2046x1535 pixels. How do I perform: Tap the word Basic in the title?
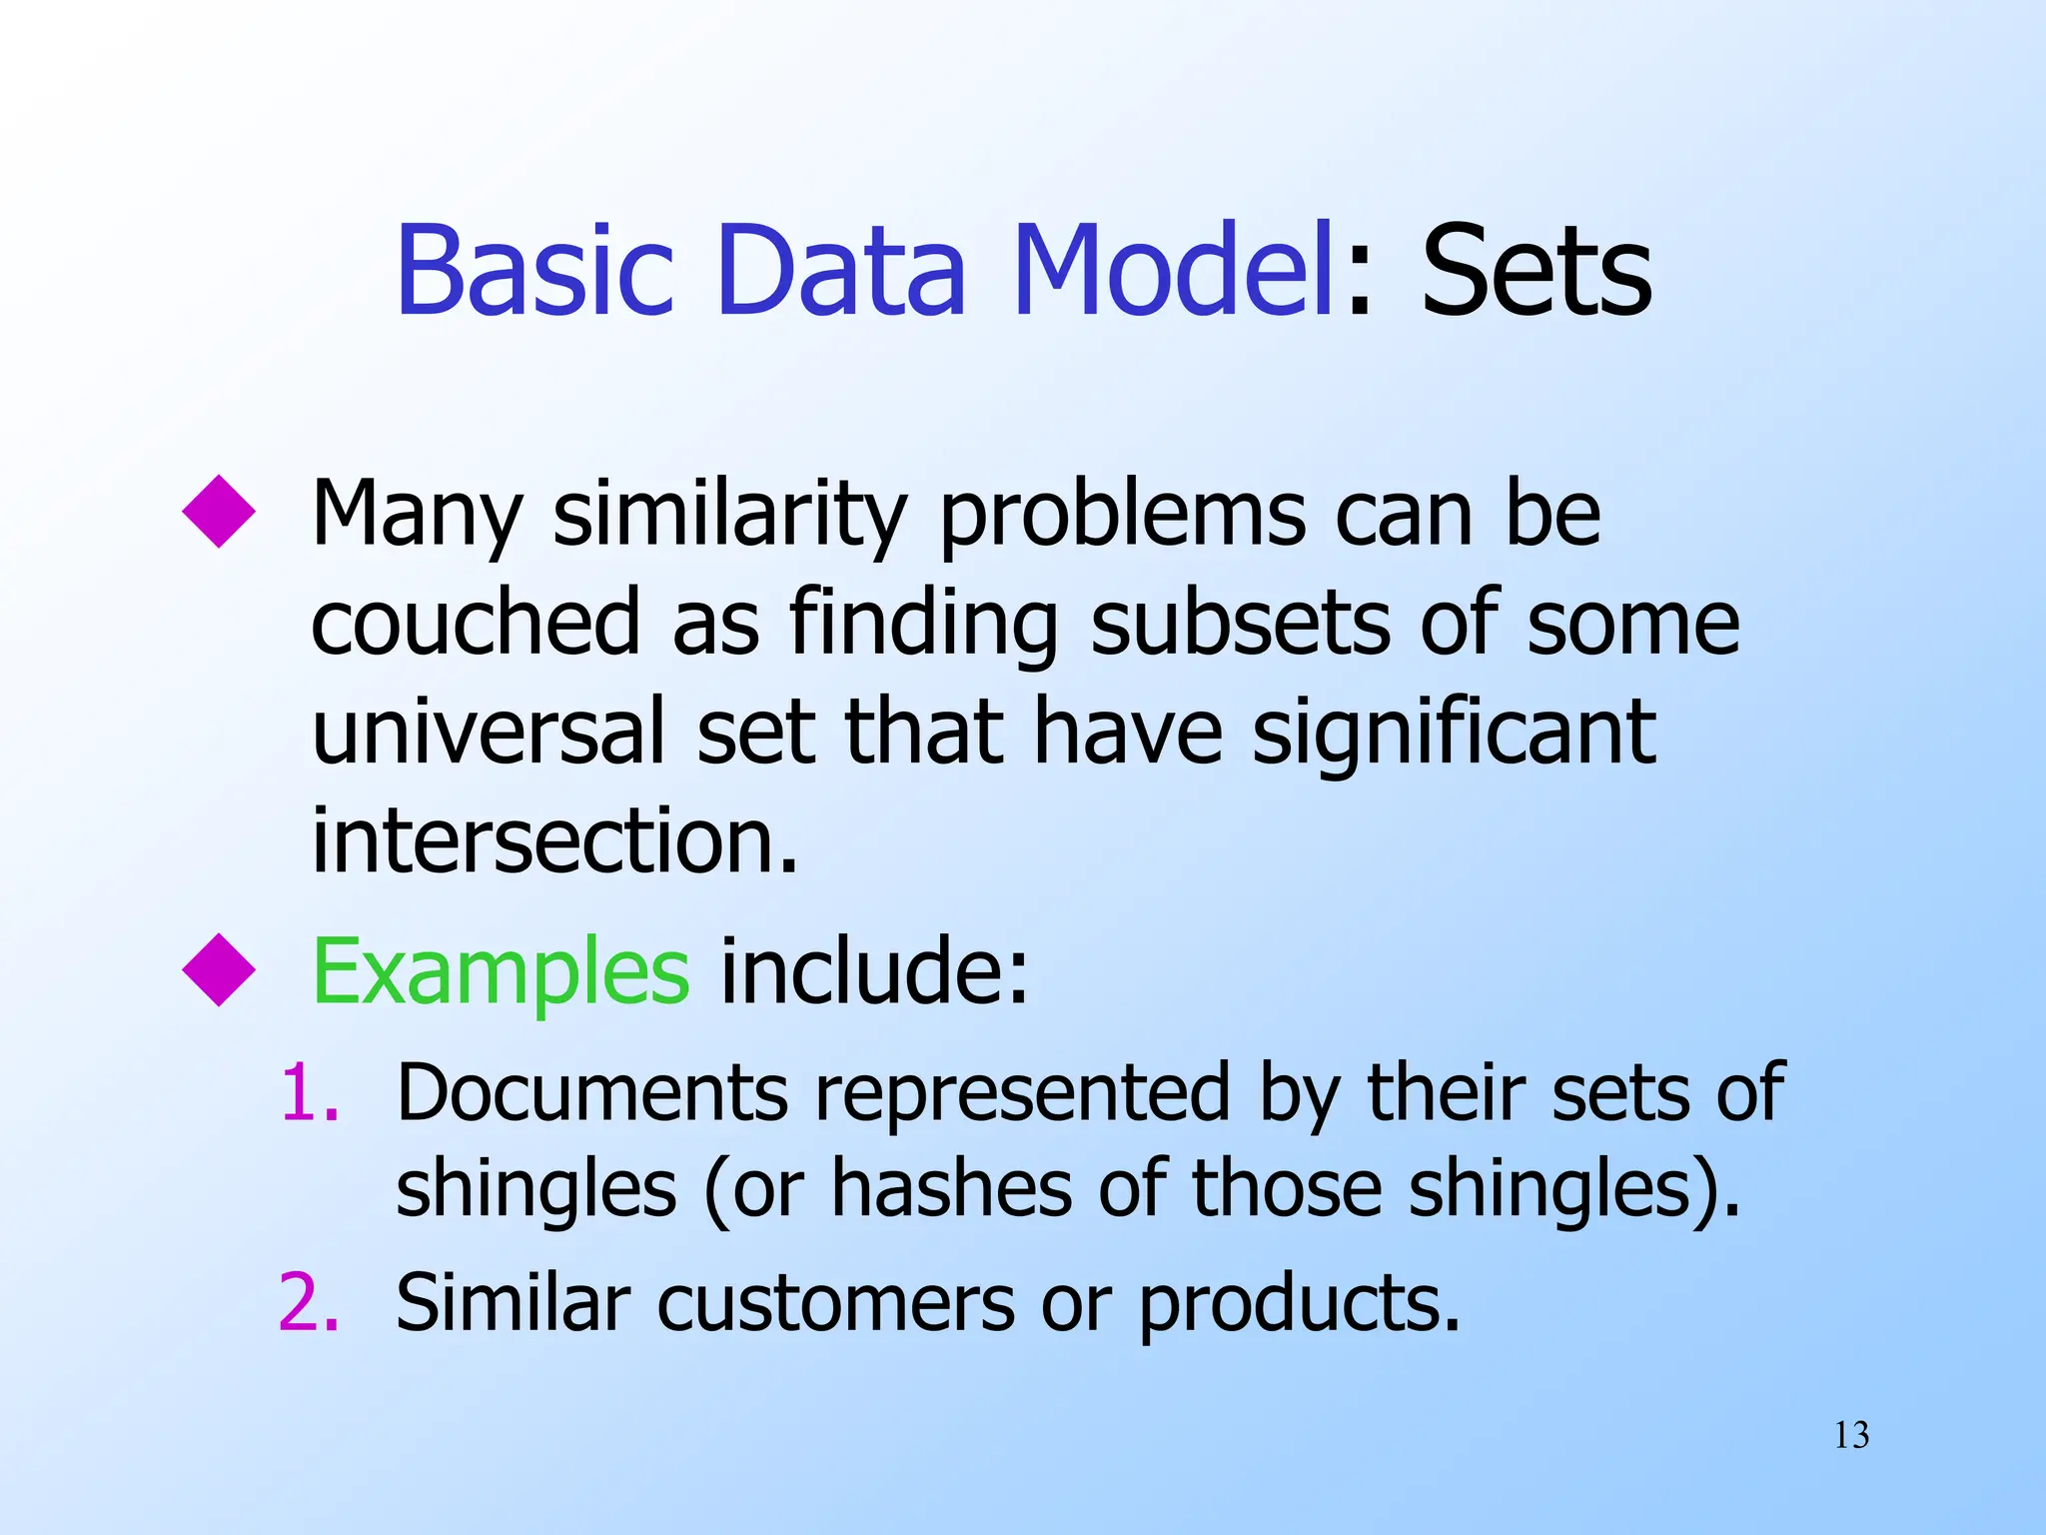pos(535,272)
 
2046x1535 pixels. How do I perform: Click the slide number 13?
pos(1851,1436)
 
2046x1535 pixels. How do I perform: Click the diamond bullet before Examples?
pos(219,968)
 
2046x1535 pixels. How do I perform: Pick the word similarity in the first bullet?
pos(729,516)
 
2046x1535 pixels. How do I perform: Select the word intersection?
pos(554,840)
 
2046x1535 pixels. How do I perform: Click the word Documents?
pos(592,1093)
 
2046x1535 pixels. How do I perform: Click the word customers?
pos(835,1303)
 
